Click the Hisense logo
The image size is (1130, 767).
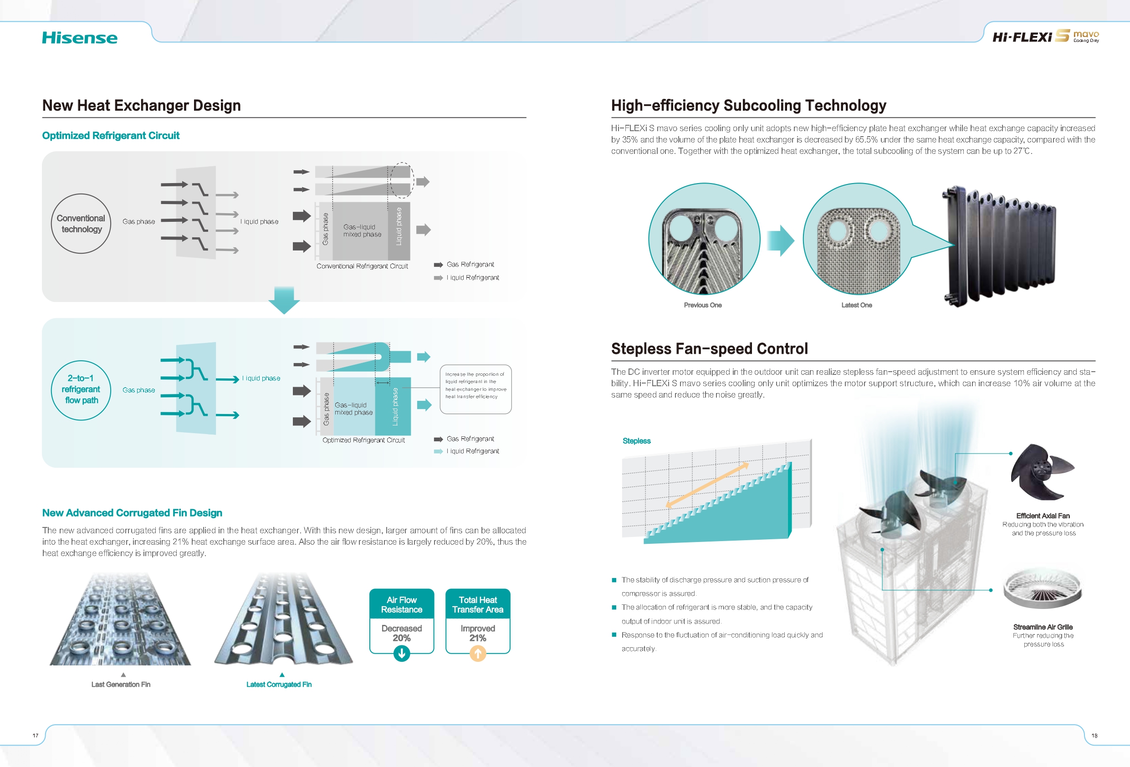(x=80, y=38)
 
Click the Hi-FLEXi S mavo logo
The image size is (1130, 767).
(x=1045, y=36)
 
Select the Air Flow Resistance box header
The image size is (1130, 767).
(x=402, y=604)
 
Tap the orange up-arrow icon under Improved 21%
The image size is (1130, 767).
(x=478, y=654)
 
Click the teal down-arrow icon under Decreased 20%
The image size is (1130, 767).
(x=402, y=654)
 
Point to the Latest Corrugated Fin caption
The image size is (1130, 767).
(x=279, y=684)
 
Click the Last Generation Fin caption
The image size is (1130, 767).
(x=121, y=684)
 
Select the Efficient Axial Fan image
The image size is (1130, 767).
(x=1042, y=471)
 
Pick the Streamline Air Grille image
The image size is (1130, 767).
(x=1043, y=588)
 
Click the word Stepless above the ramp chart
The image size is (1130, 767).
(x=636, y=440)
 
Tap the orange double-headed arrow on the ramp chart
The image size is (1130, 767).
(x=707, y=485)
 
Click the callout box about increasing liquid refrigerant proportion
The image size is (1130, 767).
(x=476, y=389)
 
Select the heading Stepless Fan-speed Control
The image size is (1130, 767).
(x=710, y=349)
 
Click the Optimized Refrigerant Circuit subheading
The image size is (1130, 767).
(x=111, y=136)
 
